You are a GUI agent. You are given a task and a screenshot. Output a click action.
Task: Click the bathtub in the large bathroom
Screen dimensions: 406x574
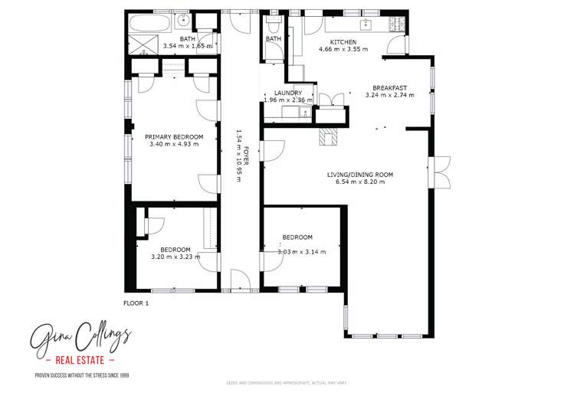[x=146, y=22]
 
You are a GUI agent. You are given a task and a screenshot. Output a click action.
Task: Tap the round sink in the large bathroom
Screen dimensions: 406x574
[x=182, y=21]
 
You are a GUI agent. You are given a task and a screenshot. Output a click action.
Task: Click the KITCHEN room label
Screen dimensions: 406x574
[x=343, y=41]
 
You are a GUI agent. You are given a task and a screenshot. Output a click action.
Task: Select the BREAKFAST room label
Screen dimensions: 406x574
[x=389, y=87]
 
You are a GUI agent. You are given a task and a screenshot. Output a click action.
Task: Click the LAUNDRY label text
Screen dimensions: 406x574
[x=288, y=93]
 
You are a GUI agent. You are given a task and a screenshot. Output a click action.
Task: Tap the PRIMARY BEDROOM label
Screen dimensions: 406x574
[x=174, y=136]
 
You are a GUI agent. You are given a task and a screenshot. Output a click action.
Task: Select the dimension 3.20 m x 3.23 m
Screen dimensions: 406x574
[x=175, y=257]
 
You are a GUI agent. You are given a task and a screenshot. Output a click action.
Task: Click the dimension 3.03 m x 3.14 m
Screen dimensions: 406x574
[x=302, y=251]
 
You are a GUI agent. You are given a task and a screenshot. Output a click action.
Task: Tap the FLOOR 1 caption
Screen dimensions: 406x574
[x=136, y=303]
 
